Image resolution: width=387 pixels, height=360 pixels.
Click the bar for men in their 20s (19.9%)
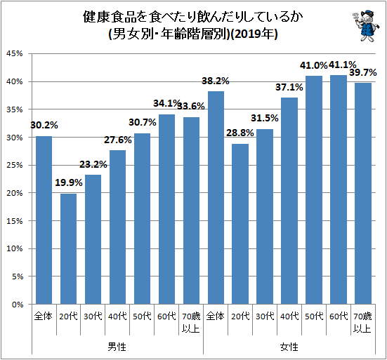coord(68,248)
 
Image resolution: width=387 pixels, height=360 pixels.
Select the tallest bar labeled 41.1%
coord(339,189)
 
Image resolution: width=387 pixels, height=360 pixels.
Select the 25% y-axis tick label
coord(15,193)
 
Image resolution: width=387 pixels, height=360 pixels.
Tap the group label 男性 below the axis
coord(117,347)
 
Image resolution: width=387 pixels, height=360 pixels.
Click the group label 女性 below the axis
coord(289,347)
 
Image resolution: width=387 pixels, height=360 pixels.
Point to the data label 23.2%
coord(93,164)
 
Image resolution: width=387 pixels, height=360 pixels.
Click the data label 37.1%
coord(289,87)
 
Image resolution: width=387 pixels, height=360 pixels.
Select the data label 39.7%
coord(364,72)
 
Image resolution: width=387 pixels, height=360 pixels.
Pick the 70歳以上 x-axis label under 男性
coord(191,321)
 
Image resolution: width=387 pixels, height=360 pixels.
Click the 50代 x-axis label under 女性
coord(314,316)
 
